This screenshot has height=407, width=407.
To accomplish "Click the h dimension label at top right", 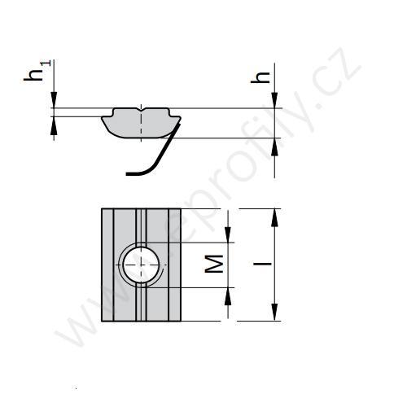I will pos(261,77).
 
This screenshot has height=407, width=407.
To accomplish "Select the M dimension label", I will pos(213,263).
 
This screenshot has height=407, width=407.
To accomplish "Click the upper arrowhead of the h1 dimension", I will pos(54,102).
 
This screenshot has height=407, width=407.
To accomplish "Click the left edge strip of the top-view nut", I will pos(107,264).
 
